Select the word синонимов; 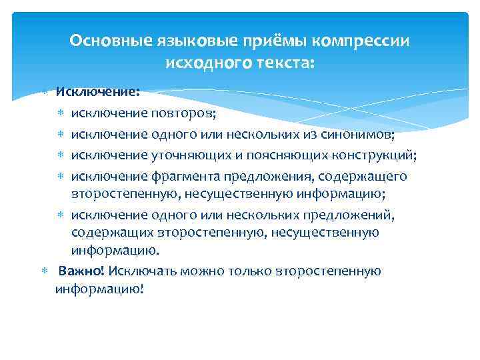356,135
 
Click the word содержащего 366,176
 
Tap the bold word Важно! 91,271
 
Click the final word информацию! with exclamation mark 99,289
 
